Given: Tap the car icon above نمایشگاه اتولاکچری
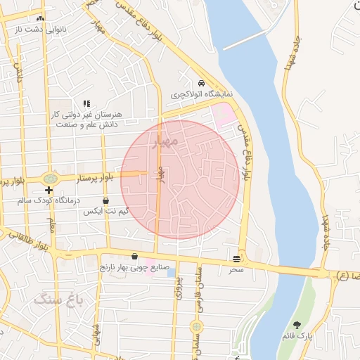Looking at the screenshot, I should [x=202, y=82].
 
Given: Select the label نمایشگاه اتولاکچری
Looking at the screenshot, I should [x=202, y=93].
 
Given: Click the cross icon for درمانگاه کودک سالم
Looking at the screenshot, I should [x=49, y=190].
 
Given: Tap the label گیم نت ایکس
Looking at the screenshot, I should [x=105, y=211].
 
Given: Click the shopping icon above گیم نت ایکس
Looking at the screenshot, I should [x=105, y=200].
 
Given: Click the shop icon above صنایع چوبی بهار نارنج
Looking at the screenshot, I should [x=134, y=256].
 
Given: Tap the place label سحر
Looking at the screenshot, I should [x=236, y=269].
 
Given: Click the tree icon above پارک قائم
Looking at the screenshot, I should [x=298, y=325].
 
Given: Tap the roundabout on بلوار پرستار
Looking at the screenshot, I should [x=50, y=179].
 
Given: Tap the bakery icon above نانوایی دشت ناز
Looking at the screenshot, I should [x=40, y=18].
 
